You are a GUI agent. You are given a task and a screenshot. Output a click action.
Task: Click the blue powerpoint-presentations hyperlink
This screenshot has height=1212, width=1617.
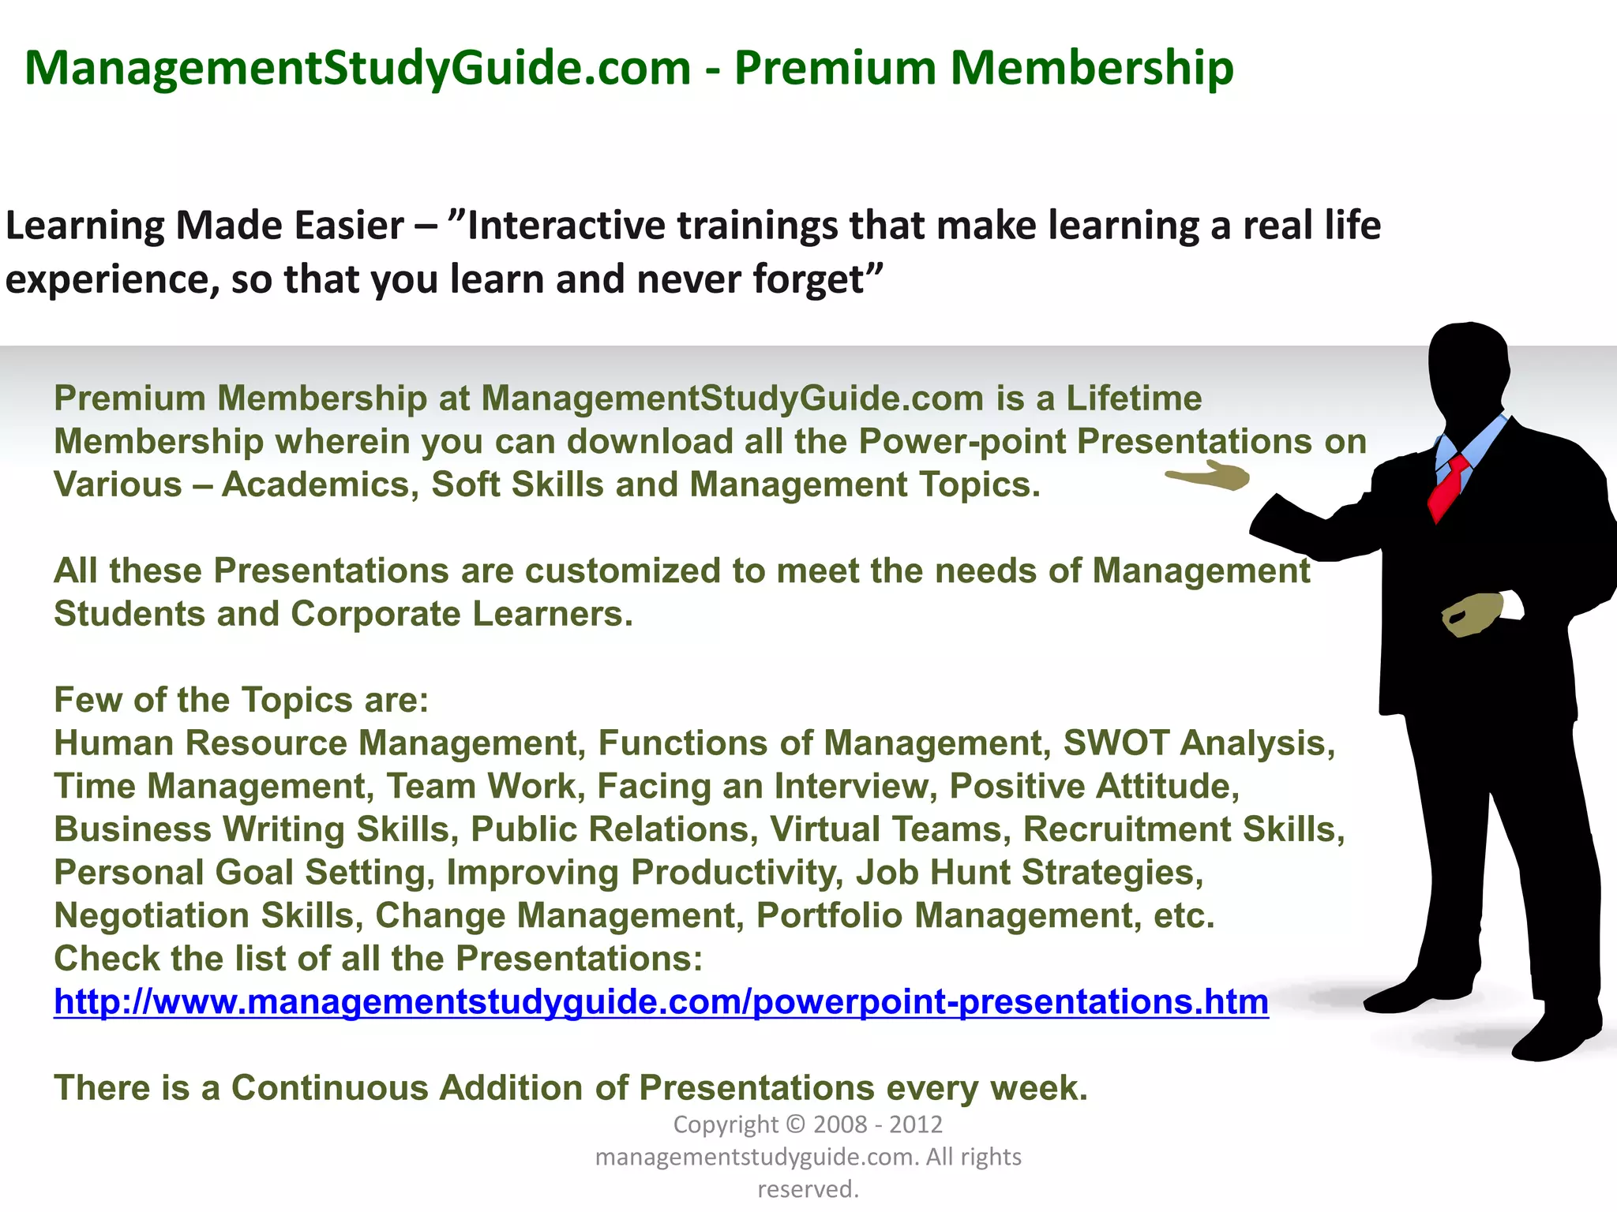pos(661,1001)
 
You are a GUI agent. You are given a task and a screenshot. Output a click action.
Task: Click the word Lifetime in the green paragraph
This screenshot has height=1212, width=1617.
pos(1134,398)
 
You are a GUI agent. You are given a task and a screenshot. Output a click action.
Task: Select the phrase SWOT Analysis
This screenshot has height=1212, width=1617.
pos(1199,743)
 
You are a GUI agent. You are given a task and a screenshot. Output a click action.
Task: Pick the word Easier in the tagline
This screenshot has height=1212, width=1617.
pos(349,226)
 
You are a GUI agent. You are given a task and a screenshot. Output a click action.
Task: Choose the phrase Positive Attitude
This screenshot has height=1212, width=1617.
pos(1094,786)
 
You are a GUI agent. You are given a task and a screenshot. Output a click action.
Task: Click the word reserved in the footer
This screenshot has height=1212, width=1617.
pos(807,1188)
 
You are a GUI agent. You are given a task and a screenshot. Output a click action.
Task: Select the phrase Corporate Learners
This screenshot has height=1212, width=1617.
pos(461,614)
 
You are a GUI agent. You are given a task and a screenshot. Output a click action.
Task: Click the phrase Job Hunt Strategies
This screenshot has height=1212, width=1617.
pos(1029,872)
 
